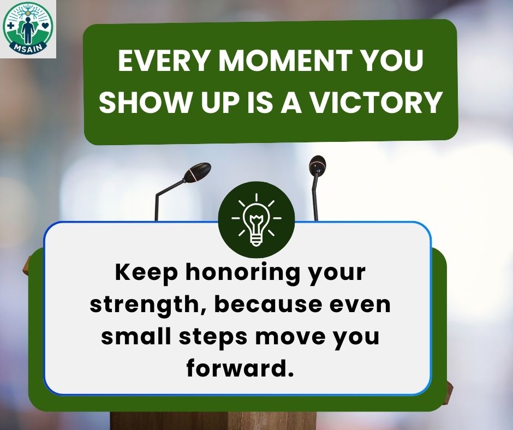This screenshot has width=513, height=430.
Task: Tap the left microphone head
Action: pyautogui.click(x=197, y=171)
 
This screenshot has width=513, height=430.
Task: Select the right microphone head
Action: pyautogui.click(x=317, y=165)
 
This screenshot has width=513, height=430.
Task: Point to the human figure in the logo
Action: pyautogui.click(x=28, y=30)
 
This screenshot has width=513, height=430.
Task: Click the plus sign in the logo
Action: pyautogui.click(x=10, y=26)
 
